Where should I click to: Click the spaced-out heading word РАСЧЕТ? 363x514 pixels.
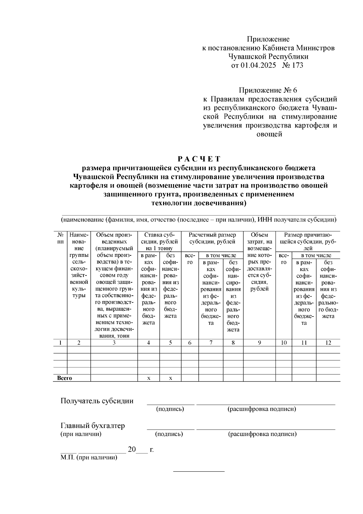(199, 159)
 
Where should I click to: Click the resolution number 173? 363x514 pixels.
(297, 65)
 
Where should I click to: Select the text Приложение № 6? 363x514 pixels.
(268, 90)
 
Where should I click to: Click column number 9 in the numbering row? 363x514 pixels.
(259, 343)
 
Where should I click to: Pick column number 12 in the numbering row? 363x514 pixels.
(328, 343)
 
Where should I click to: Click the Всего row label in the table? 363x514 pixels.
(65, 378)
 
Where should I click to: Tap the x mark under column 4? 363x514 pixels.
(149, 378)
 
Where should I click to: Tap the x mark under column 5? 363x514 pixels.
(170, 378)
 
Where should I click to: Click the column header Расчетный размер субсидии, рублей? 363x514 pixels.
(212, 238)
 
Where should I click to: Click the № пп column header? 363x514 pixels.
(60, 238)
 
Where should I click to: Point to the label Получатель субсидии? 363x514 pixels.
(97, 401)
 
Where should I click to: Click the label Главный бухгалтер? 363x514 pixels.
(93, 426)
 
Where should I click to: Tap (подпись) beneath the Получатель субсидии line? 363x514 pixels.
(170, 409)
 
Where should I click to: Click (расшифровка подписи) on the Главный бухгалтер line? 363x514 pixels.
(262, 434)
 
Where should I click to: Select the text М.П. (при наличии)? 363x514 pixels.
(88, 457)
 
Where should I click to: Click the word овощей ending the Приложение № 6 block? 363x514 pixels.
(269, 134)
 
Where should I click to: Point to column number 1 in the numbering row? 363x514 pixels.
(60, 343)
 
